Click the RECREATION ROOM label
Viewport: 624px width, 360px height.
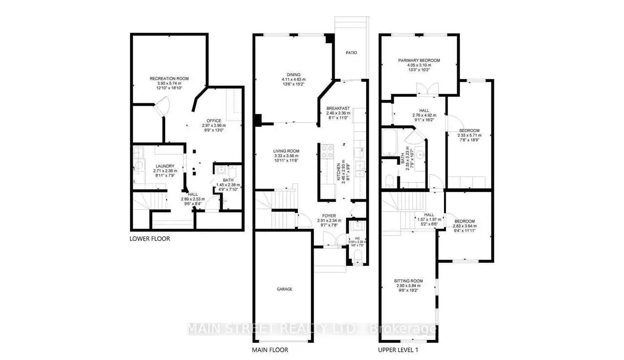[169, 78]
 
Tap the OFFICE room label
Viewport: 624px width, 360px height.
[214, 120]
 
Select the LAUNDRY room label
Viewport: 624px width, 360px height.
[165, 166]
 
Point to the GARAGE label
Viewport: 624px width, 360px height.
[284, 289]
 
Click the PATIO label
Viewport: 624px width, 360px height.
[351, 53]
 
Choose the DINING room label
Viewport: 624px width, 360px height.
[293, 75]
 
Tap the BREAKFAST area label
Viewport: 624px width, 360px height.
[338, 108]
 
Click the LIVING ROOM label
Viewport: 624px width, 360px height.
[286, 151]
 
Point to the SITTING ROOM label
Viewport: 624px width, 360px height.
[409, 281]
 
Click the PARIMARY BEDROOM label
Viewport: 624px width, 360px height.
[419, 60]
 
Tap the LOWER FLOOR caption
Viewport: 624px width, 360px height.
[150, 239]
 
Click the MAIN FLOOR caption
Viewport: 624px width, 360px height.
[270, 350]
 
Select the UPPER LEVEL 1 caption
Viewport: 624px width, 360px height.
[398, 350]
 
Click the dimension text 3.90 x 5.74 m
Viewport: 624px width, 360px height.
[169, 83]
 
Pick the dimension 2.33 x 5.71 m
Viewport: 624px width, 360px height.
[469, 135]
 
